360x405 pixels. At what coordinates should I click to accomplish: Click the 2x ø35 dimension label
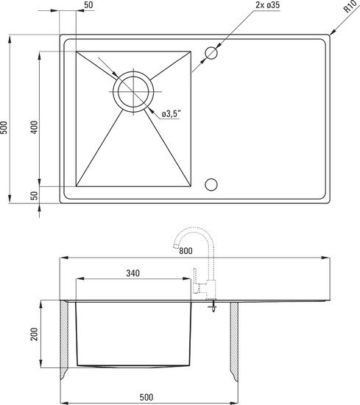tap(267, 5)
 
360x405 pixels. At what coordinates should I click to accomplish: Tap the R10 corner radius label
tap(350, 7)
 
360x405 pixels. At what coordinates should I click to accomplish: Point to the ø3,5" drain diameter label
tap(172, 114)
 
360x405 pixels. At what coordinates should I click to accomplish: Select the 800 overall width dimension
tap(186, 251)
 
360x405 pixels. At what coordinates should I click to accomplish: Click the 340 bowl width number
tap(133, 273)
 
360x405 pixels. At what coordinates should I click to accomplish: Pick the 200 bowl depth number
tap(35, 334)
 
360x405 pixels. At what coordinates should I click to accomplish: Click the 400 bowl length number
tap(35, 127)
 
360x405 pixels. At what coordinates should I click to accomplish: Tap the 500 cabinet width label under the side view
tap(147, 397)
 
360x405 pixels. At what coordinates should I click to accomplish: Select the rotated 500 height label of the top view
tap(4, 127)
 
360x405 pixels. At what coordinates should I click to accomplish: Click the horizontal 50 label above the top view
tap(88, 5)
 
